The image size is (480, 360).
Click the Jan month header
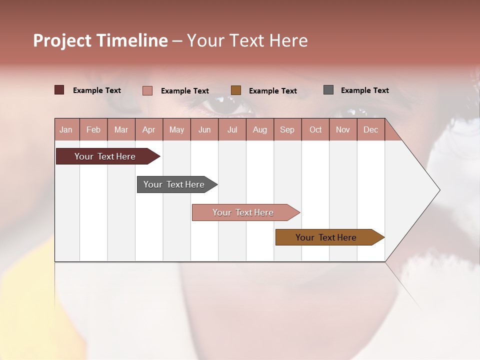click(x=66, y=129)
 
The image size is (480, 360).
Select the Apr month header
click(x=148, y=129)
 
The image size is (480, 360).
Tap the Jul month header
click(x=232, y=129)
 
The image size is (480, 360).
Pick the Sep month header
click(x=287, y=129)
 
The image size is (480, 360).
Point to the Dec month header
click(x=370, y=129)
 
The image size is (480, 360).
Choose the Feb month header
click(x=93, y=129)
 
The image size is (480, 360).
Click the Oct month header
click(x=315, y=129)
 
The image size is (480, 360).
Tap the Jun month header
click(x=204, y=129)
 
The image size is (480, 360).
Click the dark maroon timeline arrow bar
click(x=105, y=156)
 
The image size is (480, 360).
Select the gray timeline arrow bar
click(x=174, y=184)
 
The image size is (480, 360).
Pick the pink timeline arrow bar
click(x=243, y=212)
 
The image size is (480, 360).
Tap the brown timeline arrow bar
click(x=326, y=237)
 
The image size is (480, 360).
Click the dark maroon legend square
click(x=59, y=90)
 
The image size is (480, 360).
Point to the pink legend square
click(x=147, y=90)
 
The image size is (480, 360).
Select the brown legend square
click(x=236, y=90)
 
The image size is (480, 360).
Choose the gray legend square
click(x=328, y=90)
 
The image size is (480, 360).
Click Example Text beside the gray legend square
click(x=364, y=90)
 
